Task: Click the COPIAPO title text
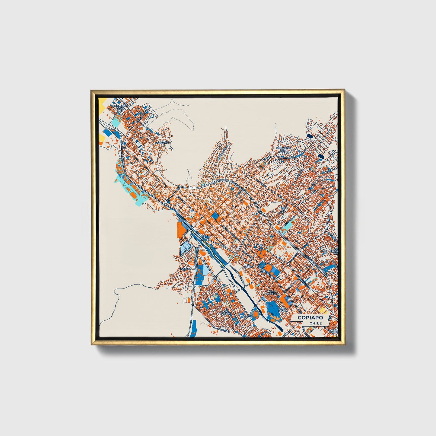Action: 310,318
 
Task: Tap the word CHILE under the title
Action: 316,323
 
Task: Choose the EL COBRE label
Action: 248,266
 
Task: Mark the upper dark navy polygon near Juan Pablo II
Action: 310,136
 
